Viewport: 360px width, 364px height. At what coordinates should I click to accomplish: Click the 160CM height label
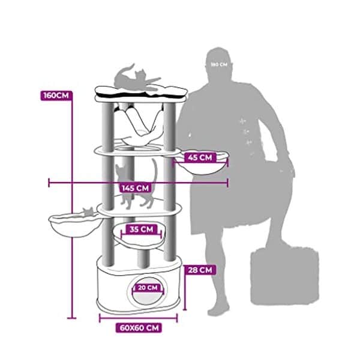[x=56, y=96]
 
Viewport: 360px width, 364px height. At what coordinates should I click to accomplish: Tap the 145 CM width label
[x=136, y=188]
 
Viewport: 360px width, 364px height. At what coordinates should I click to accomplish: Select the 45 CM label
[x=200, y=157]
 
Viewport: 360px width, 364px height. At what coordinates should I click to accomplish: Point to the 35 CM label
[x=142, y=229]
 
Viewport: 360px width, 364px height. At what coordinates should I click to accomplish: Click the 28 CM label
[x=200, y=270]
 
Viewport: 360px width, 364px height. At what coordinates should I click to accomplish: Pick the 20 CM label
[x=148, y=288]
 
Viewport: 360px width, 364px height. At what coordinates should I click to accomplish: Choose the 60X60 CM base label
[x=139, y=328]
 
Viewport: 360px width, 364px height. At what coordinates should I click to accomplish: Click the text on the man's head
[x=219, y=64]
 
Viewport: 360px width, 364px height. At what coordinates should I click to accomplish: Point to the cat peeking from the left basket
[x=88, y=211]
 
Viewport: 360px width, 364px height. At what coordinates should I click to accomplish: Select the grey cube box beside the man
[x=284, y=276]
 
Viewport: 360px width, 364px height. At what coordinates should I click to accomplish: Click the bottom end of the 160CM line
[x=71, y=318]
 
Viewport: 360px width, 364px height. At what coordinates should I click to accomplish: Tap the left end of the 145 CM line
[x=49, y=183]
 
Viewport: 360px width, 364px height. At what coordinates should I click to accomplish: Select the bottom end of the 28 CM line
[x=185, y=309]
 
